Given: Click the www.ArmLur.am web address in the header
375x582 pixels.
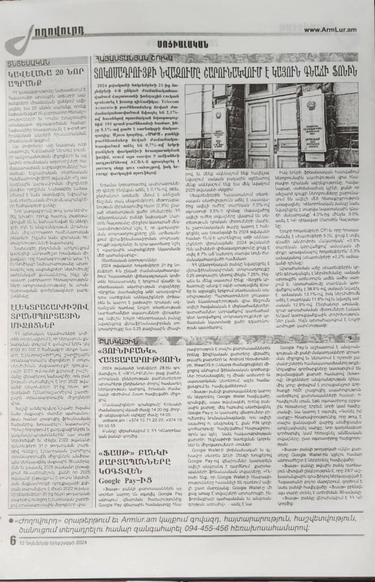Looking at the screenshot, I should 330,30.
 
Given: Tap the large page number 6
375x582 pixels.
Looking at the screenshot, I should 13,541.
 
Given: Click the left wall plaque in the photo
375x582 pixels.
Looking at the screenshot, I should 209,135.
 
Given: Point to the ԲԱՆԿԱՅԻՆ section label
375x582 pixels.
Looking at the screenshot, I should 118,341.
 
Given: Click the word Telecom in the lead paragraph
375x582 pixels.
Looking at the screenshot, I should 168,102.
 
